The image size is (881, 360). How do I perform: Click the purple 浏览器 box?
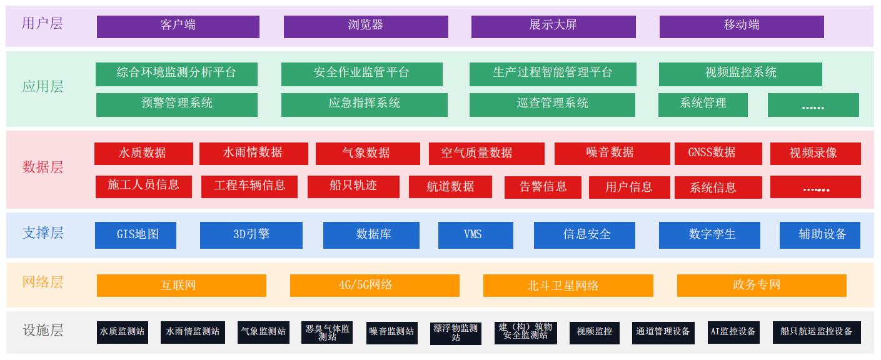coord(366,26)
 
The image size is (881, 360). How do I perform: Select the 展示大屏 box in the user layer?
coord(553,26)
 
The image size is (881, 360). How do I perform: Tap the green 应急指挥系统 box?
coord(365,104)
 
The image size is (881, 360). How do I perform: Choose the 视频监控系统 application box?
coord(740,74)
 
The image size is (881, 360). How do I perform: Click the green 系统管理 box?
coord(703,104)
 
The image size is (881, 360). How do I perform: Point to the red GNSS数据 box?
coord(718,153)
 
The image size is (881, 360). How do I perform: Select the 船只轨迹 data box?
coord(353,186)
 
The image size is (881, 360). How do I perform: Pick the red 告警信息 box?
coord(543,187)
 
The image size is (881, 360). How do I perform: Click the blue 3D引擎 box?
coord(251,235)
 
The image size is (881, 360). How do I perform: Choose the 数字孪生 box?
coord(709,235)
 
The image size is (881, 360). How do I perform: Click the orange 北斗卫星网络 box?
coord(568,286)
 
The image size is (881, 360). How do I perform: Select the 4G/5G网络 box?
coord(375,286)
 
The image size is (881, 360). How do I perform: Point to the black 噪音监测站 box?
coord(391,332)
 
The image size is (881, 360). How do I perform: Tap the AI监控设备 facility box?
coord(733,332)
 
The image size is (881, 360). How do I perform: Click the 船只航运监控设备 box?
coord(816,332)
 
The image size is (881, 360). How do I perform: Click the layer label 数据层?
coord(43,167)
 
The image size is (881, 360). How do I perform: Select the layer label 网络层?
coord(43,282)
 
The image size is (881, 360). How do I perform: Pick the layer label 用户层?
coord(43,24)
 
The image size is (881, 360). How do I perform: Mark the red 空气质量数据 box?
coord(486,153)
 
